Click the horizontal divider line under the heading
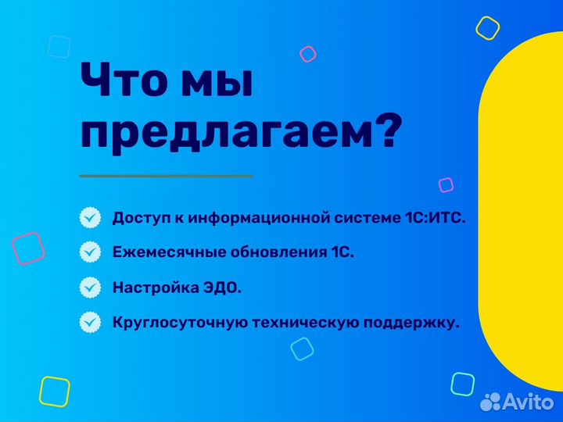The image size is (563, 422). (x=166, y=176)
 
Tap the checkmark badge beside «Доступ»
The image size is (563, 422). (x=91, y=217)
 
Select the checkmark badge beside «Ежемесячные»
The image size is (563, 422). (x=91, y=252)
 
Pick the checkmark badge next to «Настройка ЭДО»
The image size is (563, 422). (x=91, y=287)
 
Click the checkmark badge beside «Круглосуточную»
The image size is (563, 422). (x=91, y=321)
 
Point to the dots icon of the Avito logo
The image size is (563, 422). (x=490, y=402)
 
